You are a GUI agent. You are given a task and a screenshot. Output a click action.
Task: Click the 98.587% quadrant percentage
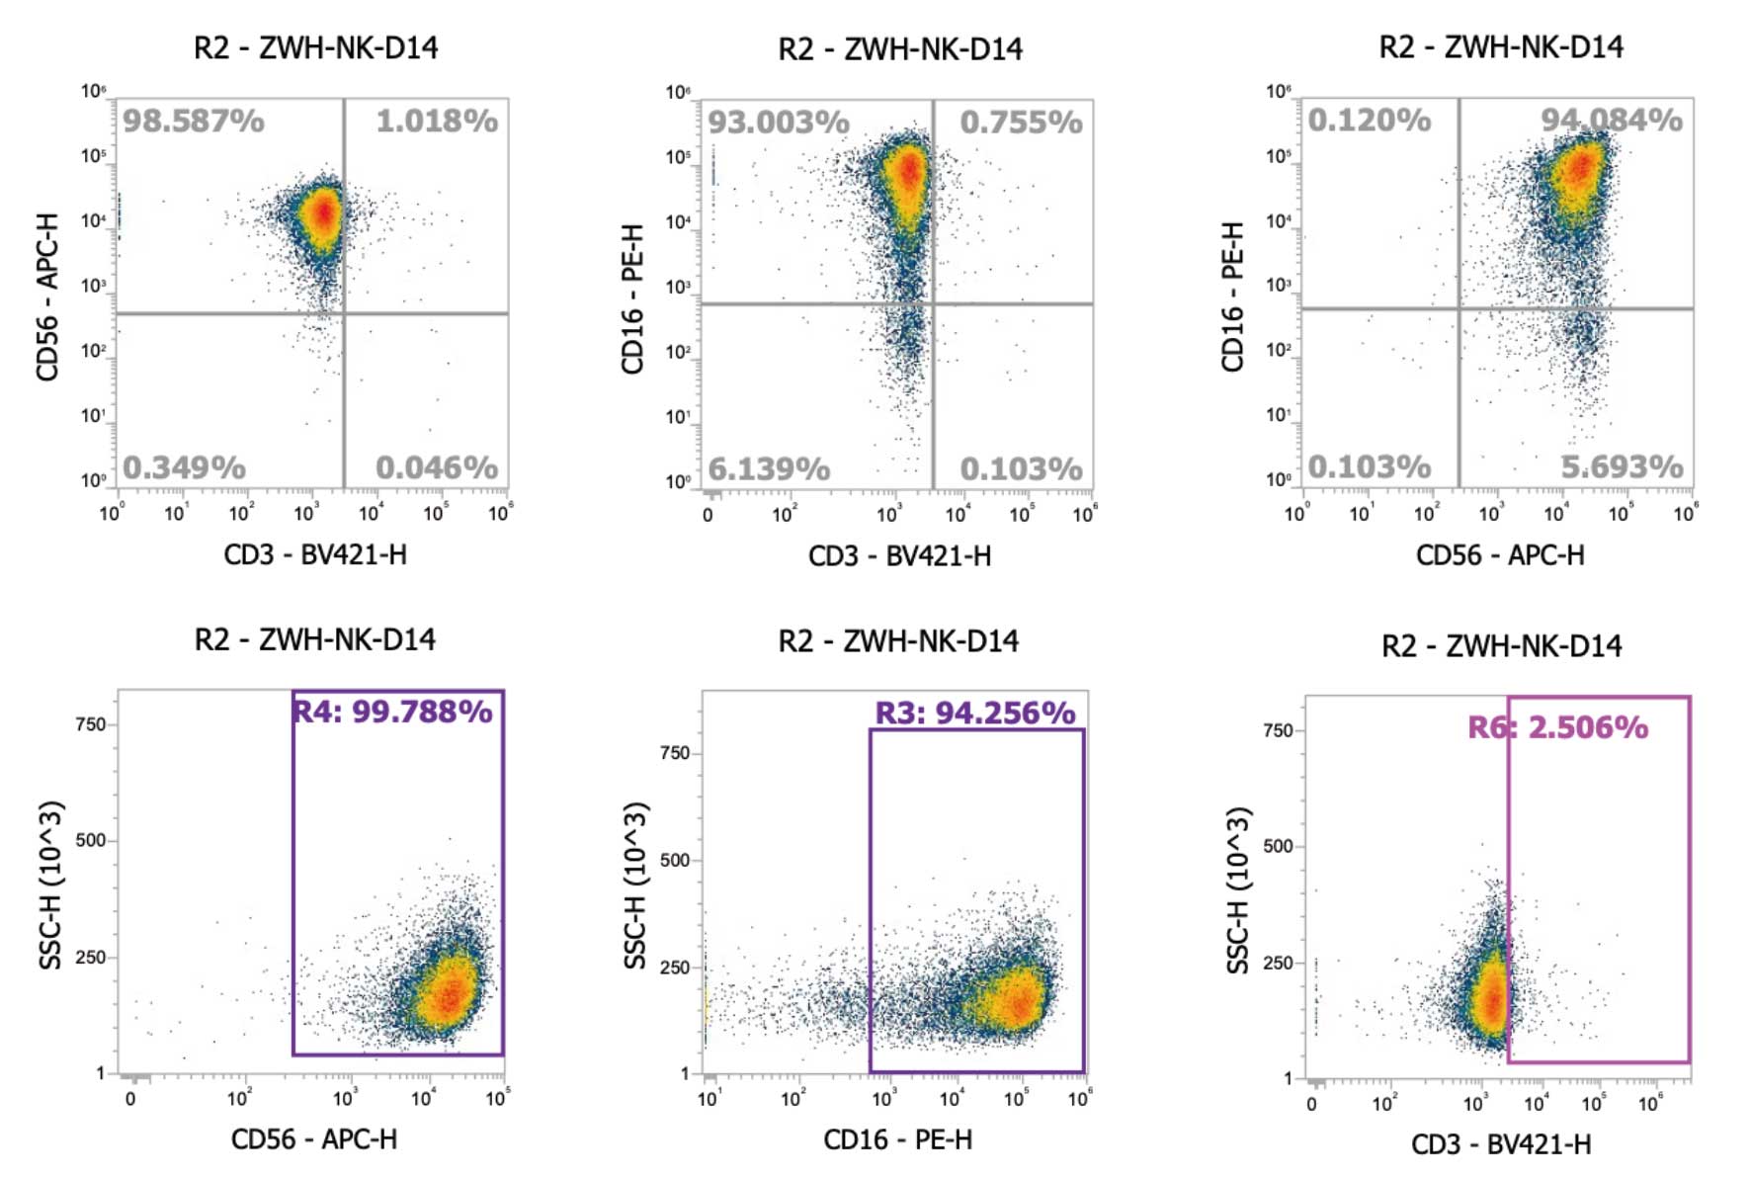pos(194,122)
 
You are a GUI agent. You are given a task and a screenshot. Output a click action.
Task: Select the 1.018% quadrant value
pos(436,122)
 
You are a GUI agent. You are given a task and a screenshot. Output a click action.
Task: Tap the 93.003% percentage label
pos(779,123)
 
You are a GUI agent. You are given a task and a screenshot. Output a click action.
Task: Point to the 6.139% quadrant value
pos(769,468)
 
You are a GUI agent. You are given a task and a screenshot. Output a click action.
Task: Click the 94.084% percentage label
pos(1612,121)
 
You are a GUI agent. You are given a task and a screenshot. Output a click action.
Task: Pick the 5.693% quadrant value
pos(1622,466)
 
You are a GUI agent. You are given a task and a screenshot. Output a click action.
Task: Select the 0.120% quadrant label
pos(1370,121)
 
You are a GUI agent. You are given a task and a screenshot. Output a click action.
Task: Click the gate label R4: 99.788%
pos(392,712)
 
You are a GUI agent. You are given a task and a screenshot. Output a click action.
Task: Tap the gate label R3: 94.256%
pos(975,714)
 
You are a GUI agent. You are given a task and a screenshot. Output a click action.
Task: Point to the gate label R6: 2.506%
pos(1557,728)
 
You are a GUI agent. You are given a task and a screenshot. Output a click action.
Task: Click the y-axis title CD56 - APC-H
pos(47,296)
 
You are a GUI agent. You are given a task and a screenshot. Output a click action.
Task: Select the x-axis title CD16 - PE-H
pos(897,1140)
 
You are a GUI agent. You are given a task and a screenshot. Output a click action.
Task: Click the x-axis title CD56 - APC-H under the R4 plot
pos(314,1139)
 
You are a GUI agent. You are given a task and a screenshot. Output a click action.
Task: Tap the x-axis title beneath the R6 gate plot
pos(1501,1144)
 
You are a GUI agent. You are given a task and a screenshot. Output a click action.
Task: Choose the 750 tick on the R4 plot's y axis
pos(90,724)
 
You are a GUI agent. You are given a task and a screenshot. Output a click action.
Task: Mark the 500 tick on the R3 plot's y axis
pos(675,860)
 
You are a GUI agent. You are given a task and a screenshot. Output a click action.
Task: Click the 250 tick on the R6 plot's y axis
pos(1278,963)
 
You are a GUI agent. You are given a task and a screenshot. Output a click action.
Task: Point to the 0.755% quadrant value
pos(1021,123)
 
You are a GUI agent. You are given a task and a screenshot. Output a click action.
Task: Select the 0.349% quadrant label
pos(184,467)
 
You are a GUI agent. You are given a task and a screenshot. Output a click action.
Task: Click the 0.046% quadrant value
pos(436,467)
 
